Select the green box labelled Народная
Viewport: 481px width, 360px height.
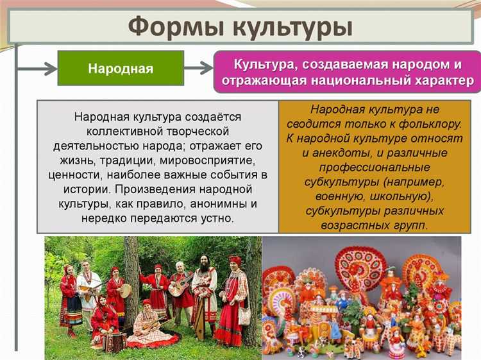(121, 68)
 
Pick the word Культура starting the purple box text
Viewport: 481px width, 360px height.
(262, 64)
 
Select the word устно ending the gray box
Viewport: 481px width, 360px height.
(217, 219)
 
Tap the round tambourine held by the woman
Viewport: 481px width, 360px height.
(125, 290)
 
